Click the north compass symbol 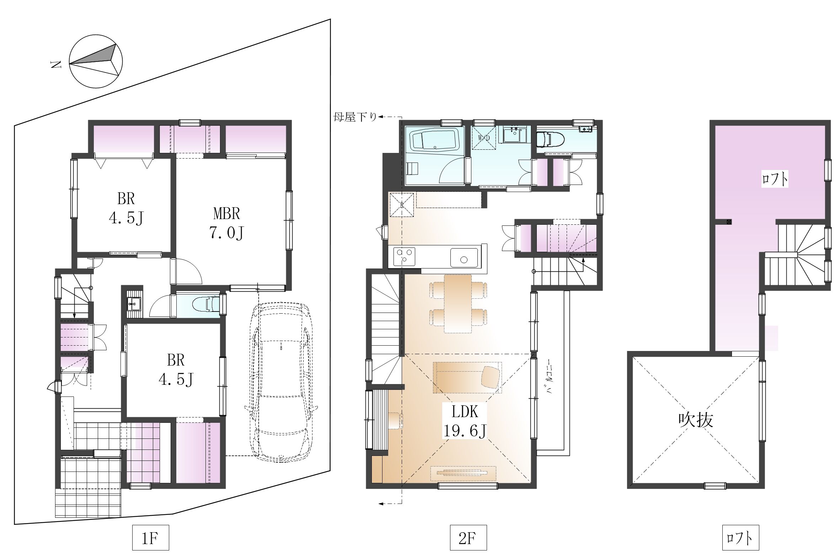pos(96,61)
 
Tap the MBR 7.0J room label pos(227,223)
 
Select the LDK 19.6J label pos(464,421)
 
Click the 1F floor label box pos(150,538)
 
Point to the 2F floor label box pos(468,538)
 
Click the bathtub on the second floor pos(435,141)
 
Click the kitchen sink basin pos(464,258)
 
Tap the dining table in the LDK pos(458,304)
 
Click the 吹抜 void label pos(695,420)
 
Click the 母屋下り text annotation pos(355,117)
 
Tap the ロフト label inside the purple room pos(775,179)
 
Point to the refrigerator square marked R pos(402,204)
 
